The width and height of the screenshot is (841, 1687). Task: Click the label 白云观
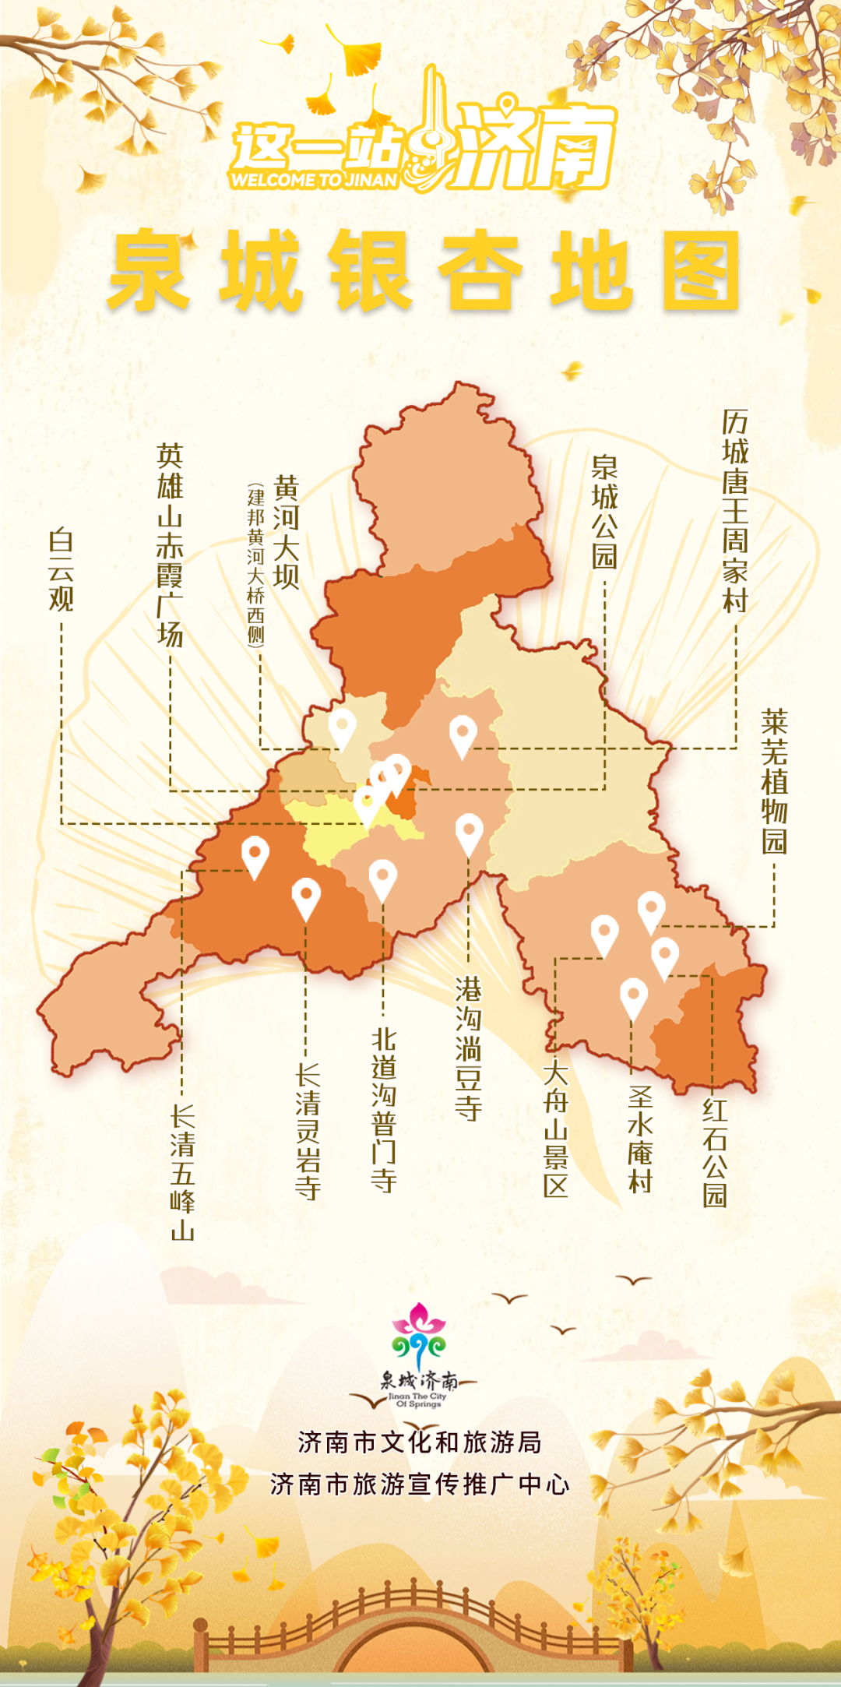coord(61,570)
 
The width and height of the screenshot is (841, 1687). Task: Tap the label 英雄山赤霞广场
coord(170,545)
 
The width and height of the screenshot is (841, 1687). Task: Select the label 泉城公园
coord(604,512)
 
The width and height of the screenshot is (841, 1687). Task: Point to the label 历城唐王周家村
coord(735,511)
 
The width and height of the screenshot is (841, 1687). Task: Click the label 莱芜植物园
coord(774,781)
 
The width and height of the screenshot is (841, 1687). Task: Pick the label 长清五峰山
coord(182,1172)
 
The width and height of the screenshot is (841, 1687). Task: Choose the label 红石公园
coord(714,1153)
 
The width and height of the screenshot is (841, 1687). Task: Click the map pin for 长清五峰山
coord(255,855)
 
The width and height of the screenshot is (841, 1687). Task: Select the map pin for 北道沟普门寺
coord(382,879)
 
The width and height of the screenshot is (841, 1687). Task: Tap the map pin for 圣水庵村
coord(633,998)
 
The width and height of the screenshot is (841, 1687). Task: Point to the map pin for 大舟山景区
coord(604,934)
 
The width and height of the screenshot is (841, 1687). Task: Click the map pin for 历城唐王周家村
coord(463,734)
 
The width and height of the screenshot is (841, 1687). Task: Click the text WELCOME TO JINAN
coord(314,180)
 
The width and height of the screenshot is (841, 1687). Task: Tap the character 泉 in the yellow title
coord(148,270)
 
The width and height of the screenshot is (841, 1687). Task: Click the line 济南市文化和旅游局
coord(420,1442)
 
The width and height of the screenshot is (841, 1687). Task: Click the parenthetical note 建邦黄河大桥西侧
coord(255,565)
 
